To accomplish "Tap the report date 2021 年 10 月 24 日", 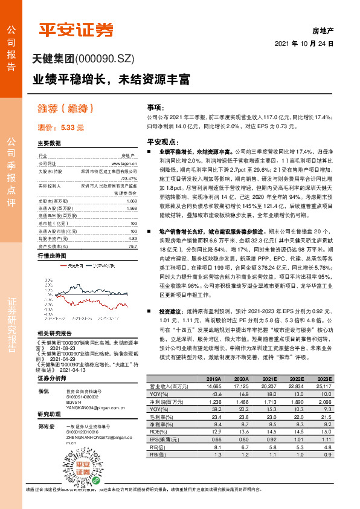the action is coord(304,44).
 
